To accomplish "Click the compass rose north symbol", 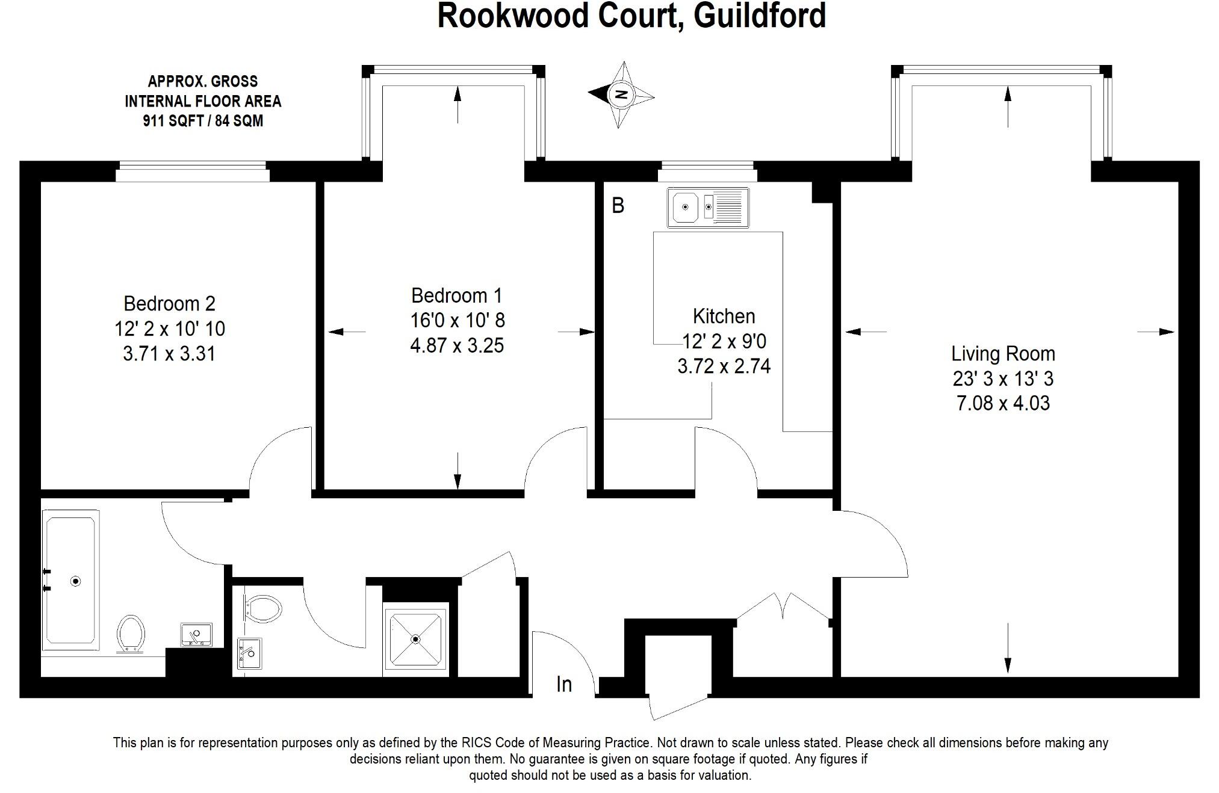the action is tap(621, 94).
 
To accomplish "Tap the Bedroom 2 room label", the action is tap(169, 303).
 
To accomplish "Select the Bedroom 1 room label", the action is tap(456, 295).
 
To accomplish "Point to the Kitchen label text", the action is tap(724, 316).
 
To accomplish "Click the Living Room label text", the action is tap(1003, 354).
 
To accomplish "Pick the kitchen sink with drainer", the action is tap(708, 207).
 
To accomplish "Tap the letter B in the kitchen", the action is tap(618, 206).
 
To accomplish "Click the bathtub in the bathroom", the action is tap(70, 580).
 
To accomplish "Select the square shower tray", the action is tap(415, 639).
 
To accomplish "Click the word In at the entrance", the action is tap(564, 684).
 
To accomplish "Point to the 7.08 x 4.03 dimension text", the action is tap(1003, 403).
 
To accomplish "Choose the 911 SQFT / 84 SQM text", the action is tap(203, 121).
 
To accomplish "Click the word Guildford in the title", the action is tap(760, 16).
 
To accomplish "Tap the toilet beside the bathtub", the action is tap(131, 633).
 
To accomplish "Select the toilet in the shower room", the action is tap(263, 609).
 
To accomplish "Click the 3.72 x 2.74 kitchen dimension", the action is tap(724, 366).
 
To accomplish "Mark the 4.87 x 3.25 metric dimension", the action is tap(456, 346).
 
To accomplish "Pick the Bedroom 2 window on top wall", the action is tap(192, 171).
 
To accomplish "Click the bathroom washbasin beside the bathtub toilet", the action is tap(196, 634).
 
